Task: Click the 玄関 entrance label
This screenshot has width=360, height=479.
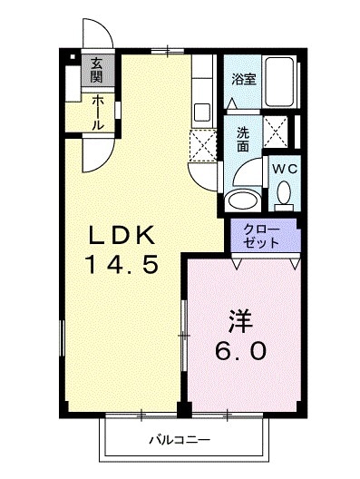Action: (x=96, y=70)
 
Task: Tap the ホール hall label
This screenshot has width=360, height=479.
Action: (x=96, y=111)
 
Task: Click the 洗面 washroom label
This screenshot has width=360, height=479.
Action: (x=243, y=138)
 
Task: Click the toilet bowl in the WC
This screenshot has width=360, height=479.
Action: (x=284, y=192)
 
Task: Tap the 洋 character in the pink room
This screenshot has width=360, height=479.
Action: (x=238, y=320)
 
